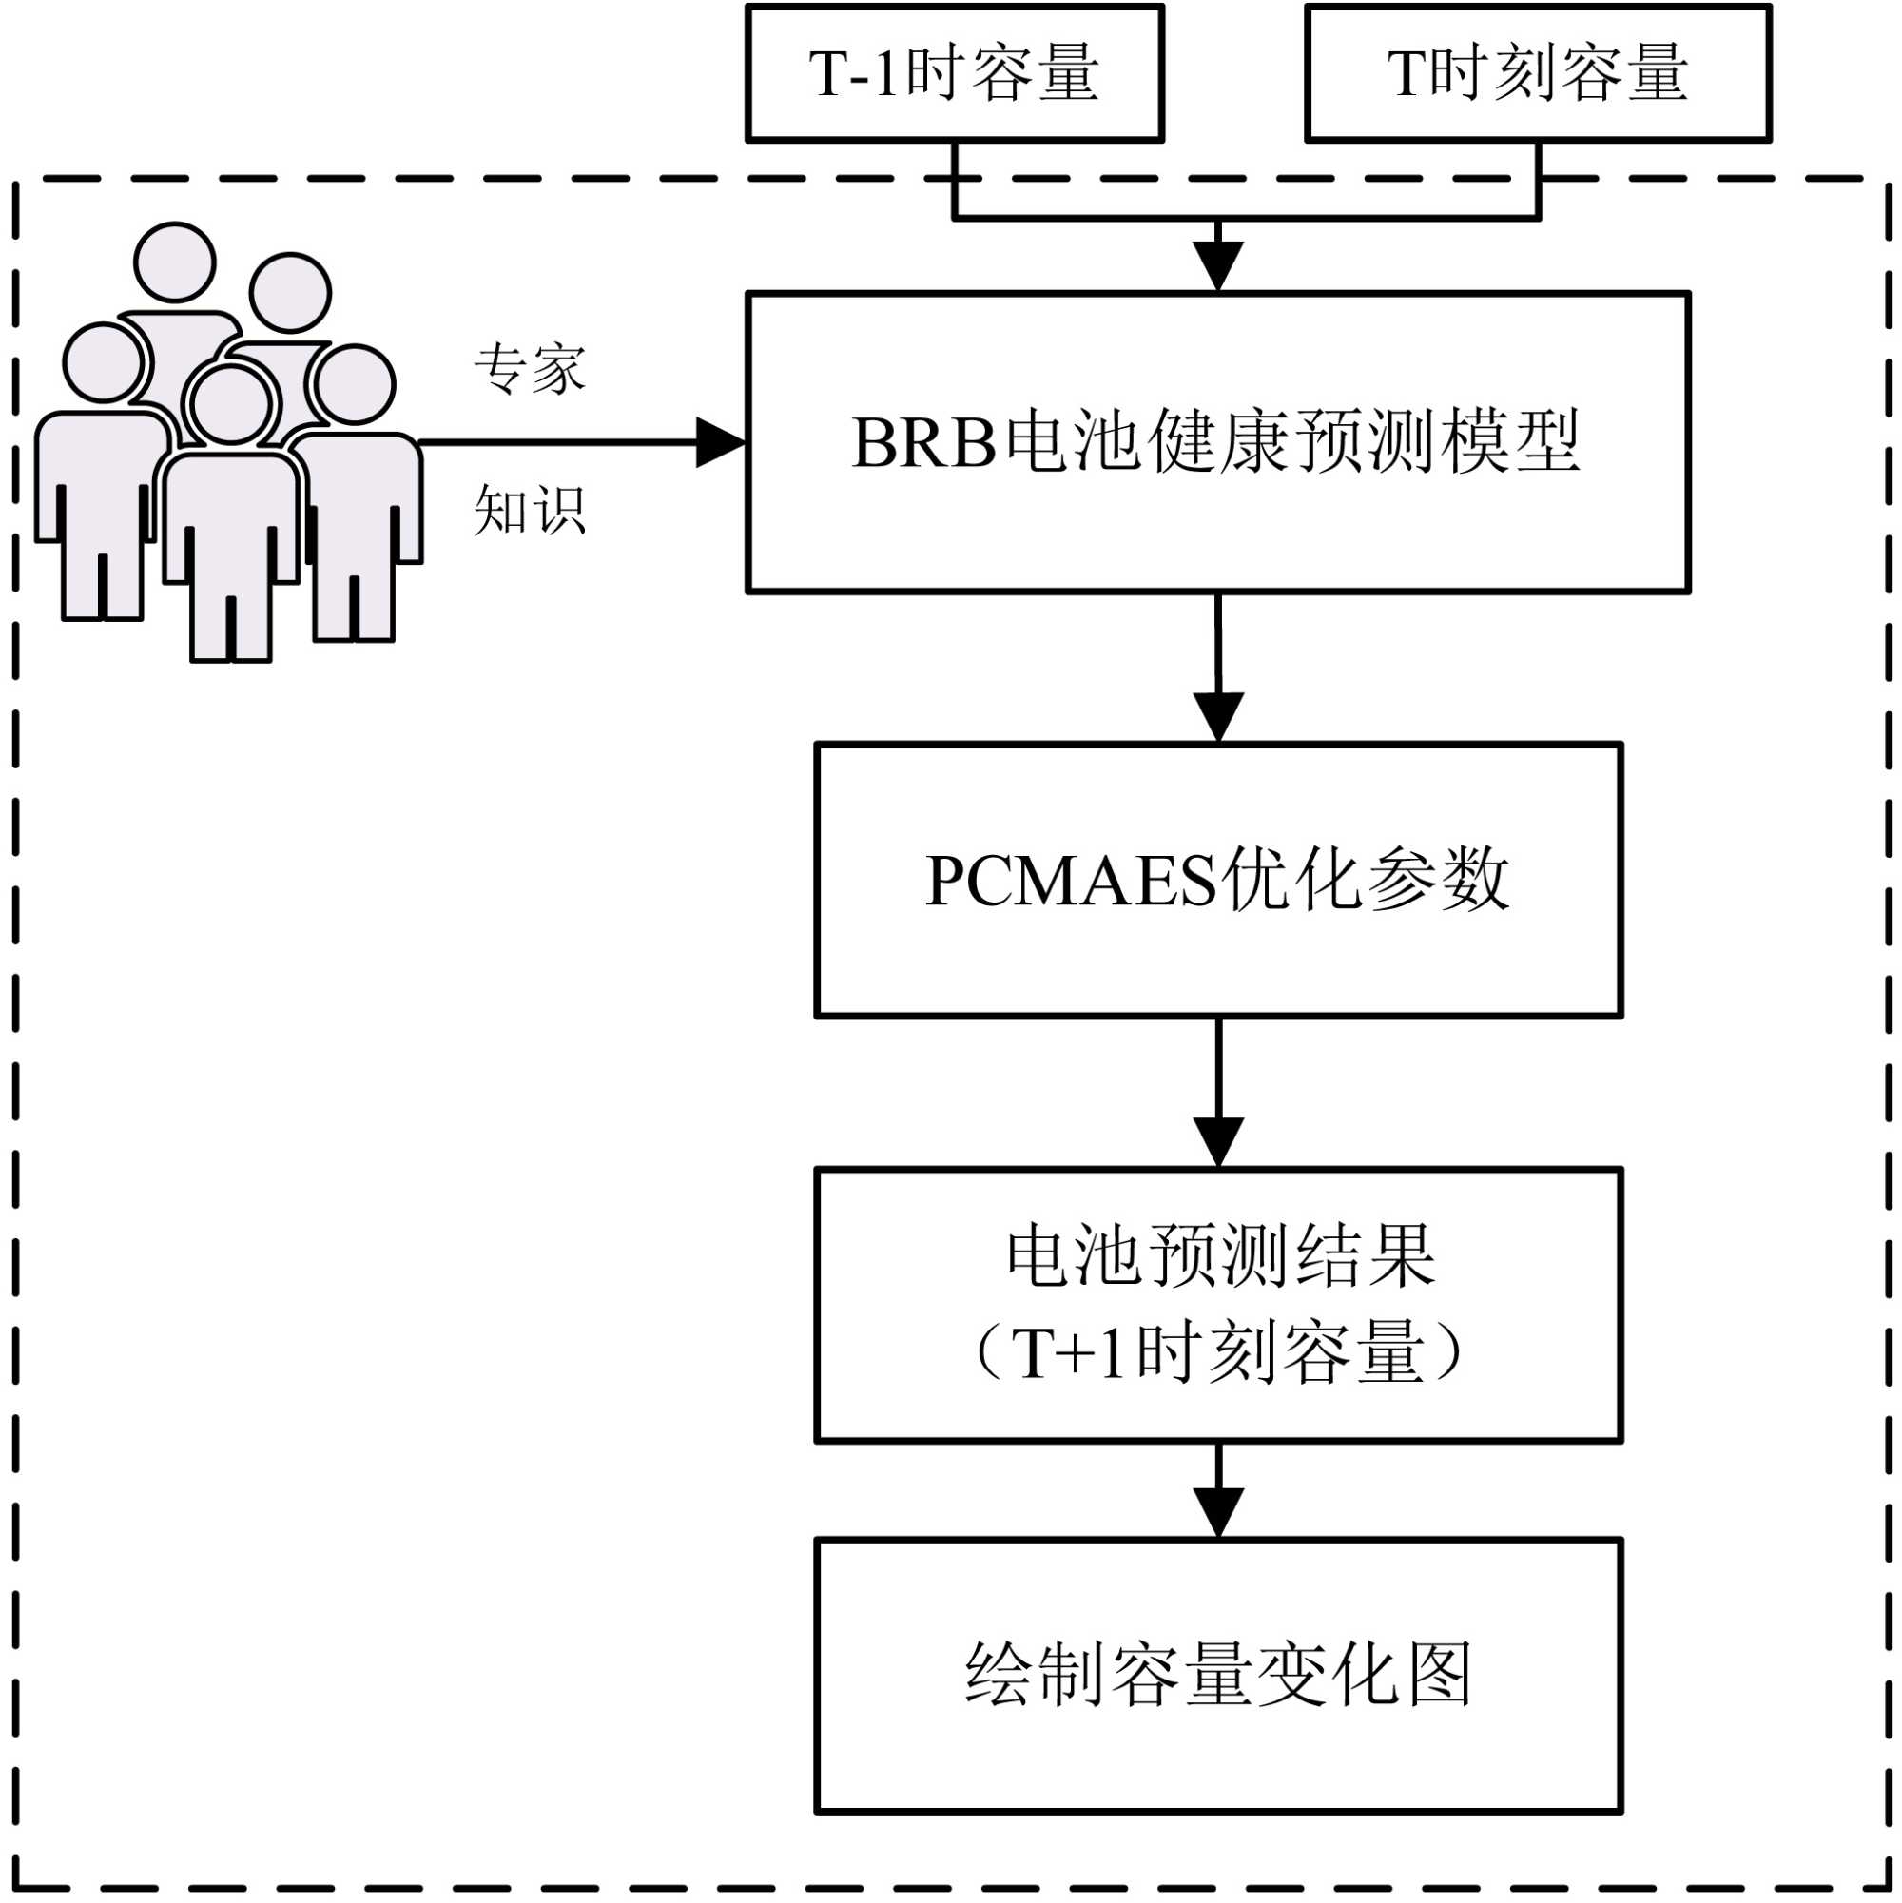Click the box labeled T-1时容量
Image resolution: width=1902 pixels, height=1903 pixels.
[954, 73]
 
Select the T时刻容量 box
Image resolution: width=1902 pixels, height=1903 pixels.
[1538, 73]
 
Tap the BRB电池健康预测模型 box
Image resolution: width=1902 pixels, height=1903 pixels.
[1217, 442]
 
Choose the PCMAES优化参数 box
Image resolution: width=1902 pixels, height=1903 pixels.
[1217, 880]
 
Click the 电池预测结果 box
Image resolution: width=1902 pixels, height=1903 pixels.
[1217, 1305]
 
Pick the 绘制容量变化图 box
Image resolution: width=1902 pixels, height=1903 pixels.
[1217, 1675]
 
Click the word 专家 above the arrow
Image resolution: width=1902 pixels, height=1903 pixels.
[530, 370]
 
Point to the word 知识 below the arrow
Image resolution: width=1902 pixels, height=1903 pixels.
[530, 510]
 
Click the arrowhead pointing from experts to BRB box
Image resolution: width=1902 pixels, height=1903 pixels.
[720, 442]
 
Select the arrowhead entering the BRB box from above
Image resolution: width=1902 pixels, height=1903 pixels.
[1217, 266]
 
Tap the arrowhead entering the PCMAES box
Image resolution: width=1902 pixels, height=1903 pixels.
[1217, 716]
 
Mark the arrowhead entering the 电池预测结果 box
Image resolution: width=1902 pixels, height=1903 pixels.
[1217, 1141]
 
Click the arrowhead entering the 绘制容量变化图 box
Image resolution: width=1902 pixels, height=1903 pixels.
[1217, 1512]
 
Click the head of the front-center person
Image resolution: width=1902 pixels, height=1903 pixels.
[230, 405]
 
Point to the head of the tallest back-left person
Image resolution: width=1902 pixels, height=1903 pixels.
[174, 262]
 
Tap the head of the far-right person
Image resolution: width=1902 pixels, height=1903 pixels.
[354, 385]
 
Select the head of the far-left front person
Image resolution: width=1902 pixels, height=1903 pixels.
[104, 362]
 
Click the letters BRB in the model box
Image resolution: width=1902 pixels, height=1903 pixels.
[922, 442]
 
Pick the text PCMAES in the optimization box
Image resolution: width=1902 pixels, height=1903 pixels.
[1072, 880]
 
